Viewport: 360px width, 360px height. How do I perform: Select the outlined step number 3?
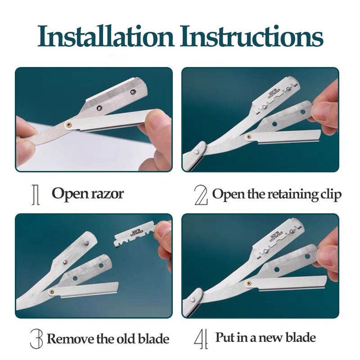(36, 339)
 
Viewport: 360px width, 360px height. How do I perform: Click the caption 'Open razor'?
(88, 194)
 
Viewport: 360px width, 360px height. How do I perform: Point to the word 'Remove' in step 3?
(71, 338)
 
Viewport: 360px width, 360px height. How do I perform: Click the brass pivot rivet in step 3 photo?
(52, 292)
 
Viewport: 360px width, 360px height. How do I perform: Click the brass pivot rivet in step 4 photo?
(248, 283)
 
